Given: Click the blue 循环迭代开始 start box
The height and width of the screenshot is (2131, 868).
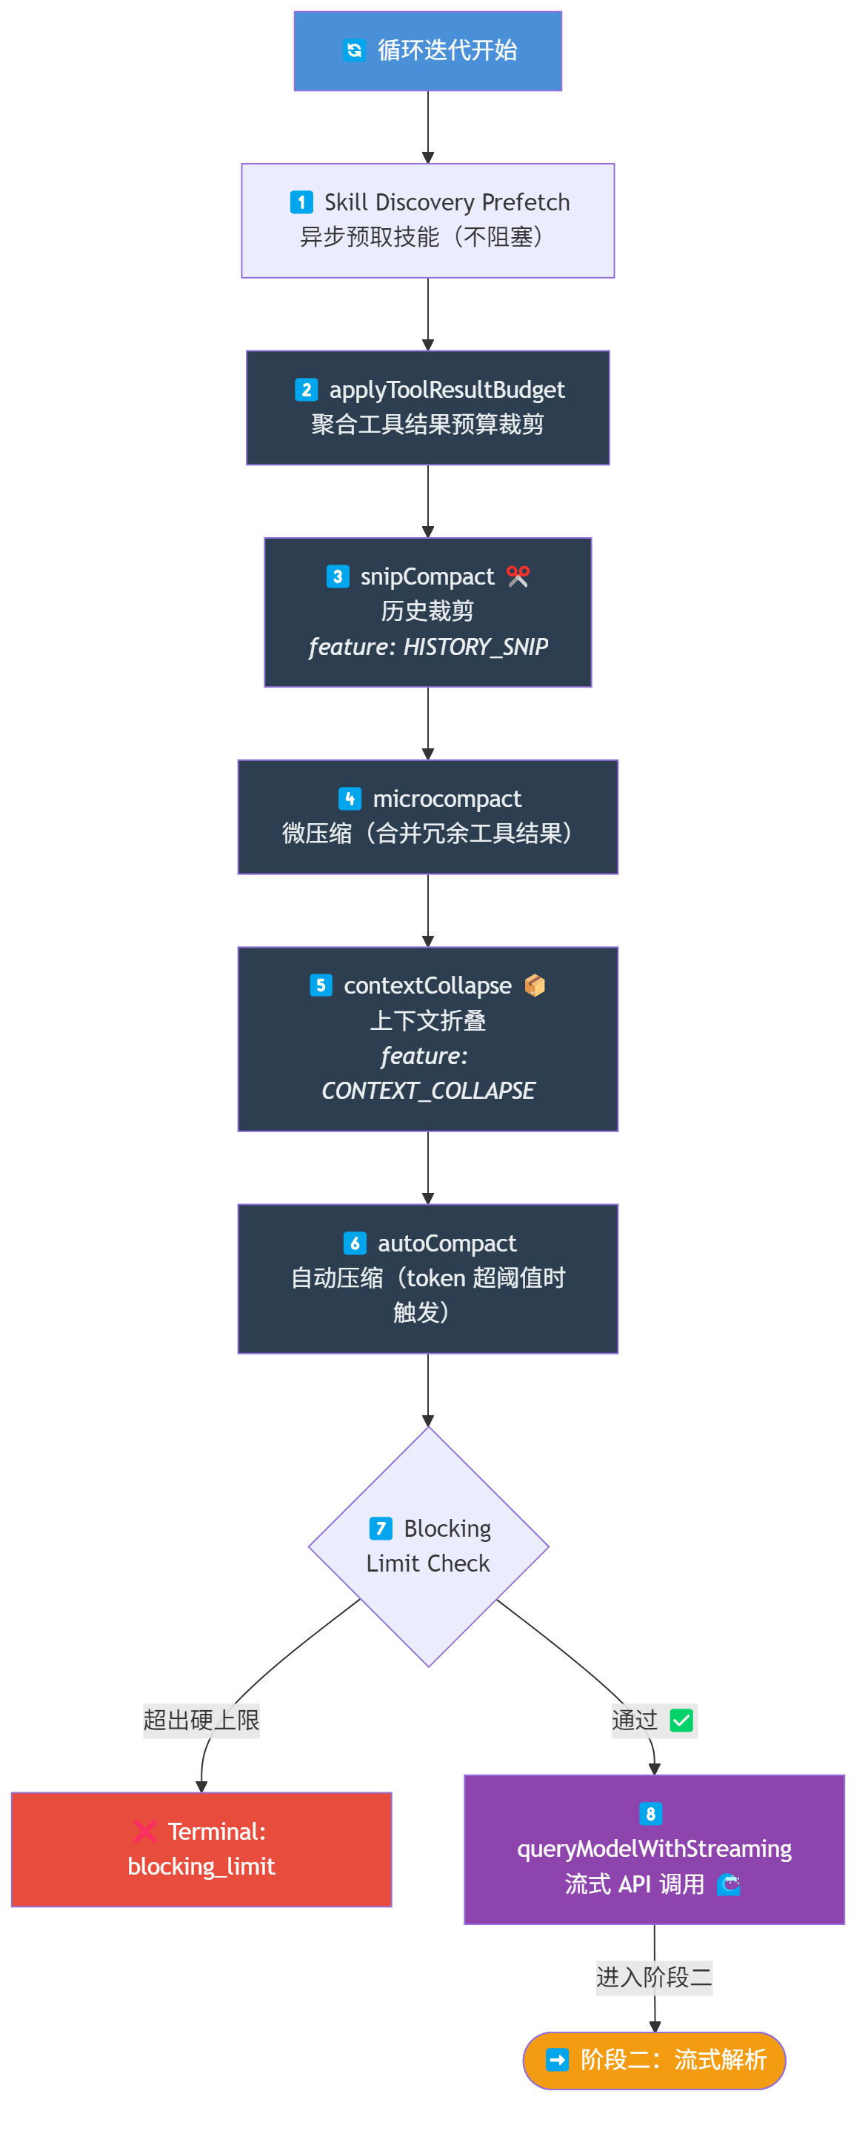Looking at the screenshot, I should coord(427,50).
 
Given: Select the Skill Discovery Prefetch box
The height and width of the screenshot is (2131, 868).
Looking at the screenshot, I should coord(427,220).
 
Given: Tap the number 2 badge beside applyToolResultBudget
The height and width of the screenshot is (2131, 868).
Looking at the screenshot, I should coord(306,390).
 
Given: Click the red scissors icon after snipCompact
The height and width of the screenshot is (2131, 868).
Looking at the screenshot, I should coord(518,576).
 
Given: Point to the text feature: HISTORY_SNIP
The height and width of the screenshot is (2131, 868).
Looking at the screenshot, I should coord(428,647).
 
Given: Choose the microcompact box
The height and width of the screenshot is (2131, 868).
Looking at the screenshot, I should coord(427,817).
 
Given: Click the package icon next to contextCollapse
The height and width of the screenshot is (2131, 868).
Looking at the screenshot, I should coord(535,985).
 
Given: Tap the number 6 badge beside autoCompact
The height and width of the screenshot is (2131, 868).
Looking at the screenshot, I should coord(355,1243).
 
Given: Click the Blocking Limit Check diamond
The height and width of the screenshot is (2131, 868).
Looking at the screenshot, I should coord(428,1546).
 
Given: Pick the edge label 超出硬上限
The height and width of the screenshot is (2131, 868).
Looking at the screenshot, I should coord(201,1721).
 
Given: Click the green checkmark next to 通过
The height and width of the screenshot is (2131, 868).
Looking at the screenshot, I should coord(682,1721).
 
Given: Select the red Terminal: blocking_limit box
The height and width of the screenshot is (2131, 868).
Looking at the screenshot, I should coord(201,1849).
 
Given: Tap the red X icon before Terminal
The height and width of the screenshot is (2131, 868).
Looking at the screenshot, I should coord(144,1832).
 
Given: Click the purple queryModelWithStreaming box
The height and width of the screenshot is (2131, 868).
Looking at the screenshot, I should coord(654,1849).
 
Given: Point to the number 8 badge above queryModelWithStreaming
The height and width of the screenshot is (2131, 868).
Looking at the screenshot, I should coord(650,1813).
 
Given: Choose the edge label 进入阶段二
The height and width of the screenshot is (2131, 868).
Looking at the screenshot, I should coord(654,1978).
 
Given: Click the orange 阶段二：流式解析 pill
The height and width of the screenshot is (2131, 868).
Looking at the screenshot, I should coord(654,2060).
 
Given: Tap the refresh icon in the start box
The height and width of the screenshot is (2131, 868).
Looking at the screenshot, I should coord(355,50).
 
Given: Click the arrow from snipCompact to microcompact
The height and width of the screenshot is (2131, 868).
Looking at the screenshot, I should coord(428,723).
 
